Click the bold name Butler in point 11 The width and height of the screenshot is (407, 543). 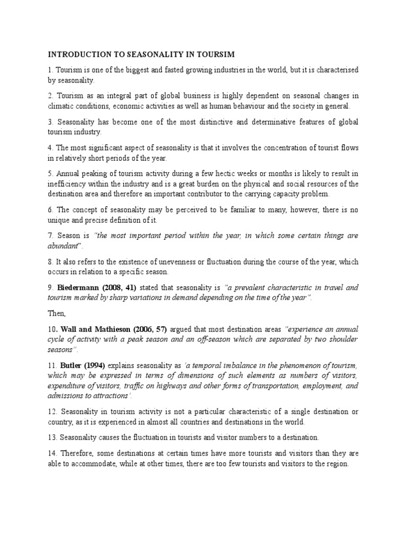click(72, 366)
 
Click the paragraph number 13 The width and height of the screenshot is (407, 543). click(52, 437)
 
